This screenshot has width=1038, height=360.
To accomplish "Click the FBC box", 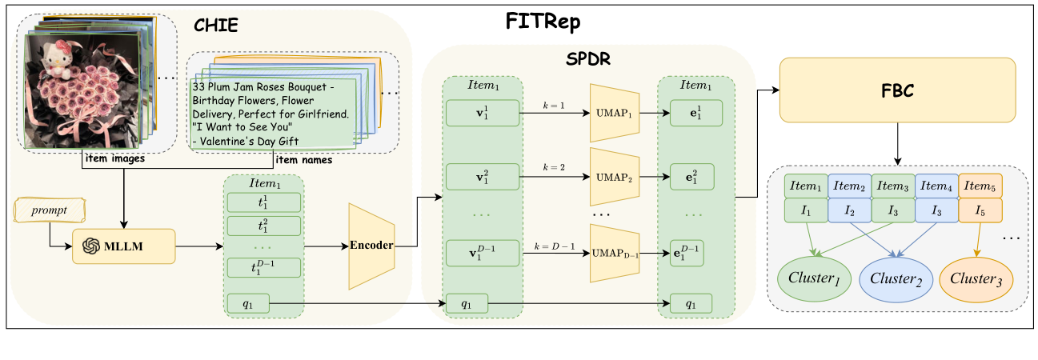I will [897, 90].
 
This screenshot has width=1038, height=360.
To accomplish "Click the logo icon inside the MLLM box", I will [90, 246].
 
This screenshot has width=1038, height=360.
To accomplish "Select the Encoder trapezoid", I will [371, 246].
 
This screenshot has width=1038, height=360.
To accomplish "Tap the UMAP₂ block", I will [615, 176].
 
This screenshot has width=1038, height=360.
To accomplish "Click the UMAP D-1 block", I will [615, 253].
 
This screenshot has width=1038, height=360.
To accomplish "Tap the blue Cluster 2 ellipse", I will [892, 278].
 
